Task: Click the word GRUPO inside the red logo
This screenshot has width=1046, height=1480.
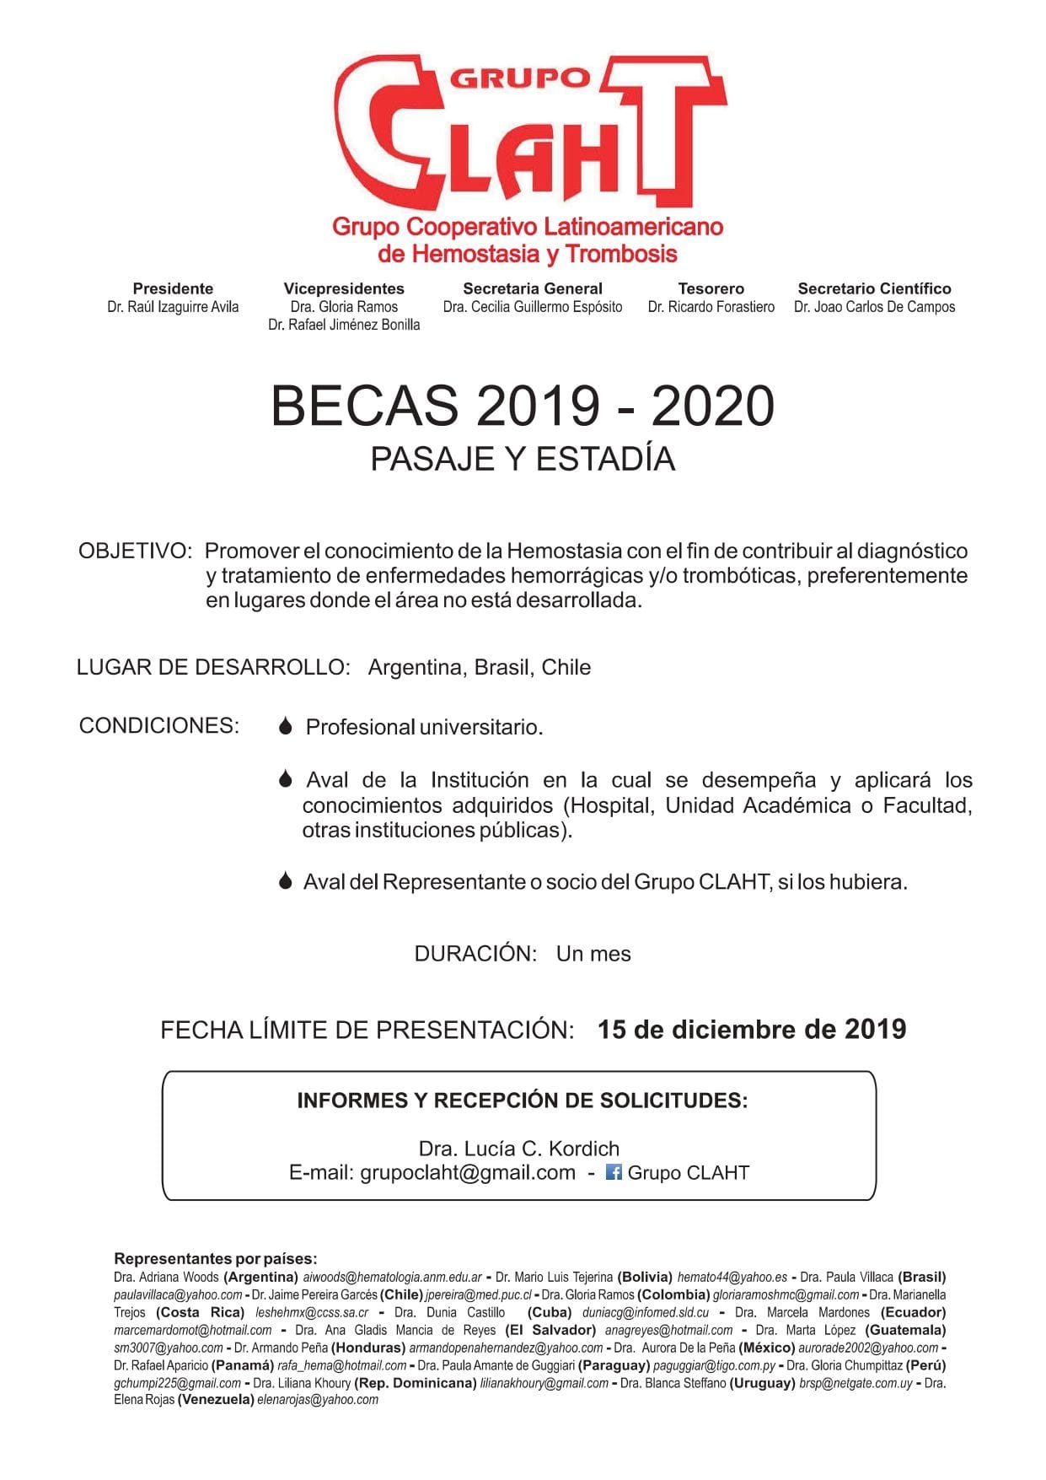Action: click(519, 78)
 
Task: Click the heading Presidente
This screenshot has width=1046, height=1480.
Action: click(173, 288)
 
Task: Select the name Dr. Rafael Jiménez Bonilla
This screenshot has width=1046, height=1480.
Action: click(344, 325)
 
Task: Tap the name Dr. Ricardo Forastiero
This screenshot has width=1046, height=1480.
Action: click(711, 307)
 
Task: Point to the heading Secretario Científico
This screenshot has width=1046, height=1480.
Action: click(874, 288)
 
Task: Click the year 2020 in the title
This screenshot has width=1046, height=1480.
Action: click(712, 406)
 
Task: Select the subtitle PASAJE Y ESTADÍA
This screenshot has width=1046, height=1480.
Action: click(523, 459)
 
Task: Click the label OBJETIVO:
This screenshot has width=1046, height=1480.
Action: click(135, 551)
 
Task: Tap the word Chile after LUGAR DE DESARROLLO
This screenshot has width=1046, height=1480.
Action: click(566, 667)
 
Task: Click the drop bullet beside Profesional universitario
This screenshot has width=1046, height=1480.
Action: click(286, 726)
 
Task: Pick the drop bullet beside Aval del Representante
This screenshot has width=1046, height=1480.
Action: click(286, 881)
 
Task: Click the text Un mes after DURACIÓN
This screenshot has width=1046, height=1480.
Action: click(593, 954)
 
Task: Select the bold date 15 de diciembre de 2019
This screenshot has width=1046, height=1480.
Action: click(751, 1029)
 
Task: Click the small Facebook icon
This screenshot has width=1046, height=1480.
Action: click(614, 1172)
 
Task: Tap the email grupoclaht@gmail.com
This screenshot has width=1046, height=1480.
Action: click(467, 1172)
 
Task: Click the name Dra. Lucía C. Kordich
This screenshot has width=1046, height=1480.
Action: click(518, 1149)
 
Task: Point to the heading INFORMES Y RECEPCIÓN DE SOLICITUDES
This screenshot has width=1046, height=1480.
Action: click(522, 1101)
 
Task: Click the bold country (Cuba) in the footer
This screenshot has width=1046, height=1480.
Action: click(550, 1312)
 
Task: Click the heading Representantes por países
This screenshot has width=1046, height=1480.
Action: click(216, 1259)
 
